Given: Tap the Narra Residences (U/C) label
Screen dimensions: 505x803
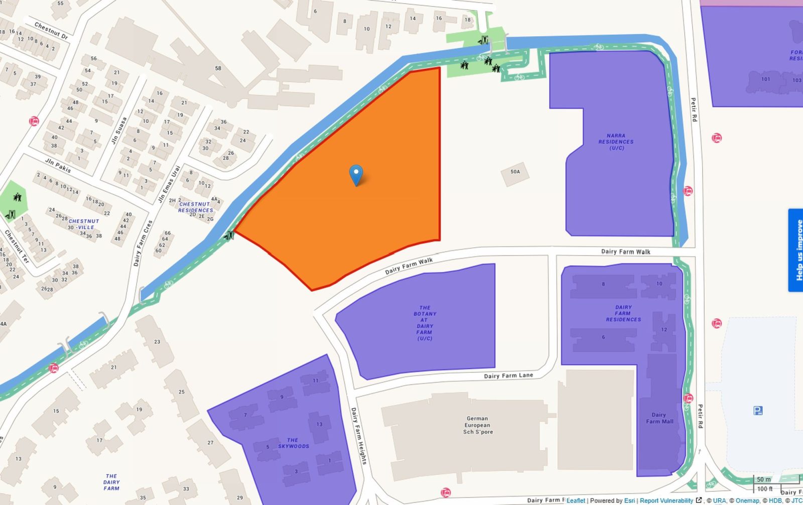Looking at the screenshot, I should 616,142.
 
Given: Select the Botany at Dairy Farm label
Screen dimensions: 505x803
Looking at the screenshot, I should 425,323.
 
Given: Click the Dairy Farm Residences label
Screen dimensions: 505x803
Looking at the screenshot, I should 623,313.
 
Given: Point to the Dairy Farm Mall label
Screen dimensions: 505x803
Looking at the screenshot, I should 659,418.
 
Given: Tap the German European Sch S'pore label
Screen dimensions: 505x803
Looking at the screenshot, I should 477,425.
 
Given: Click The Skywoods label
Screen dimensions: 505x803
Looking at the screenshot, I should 294,443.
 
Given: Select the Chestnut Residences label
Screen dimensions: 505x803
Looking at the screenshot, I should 196,207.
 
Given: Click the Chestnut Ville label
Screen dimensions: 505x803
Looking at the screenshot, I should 84,224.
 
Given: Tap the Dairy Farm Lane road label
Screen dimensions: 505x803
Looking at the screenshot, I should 508,375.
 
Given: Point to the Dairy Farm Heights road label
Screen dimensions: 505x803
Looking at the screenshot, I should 358,436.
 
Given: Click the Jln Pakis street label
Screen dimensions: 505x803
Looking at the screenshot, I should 58,165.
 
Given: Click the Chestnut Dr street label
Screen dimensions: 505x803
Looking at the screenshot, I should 51,31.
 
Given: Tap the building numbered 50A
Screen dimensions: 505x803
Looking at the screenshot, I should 515,172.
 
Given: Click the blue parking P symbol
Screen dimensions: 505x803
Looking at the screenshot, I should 757,411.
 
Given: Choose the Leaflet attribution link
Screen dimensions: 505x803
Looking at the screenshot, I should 576,500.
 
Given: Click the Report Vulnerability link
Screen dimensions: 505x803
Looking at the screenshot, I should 666,500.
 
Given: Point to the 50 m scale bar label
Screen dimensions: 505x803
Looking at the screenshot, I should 764,479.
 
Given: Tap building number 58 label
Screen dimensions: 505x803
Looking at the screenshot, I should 218,68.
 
